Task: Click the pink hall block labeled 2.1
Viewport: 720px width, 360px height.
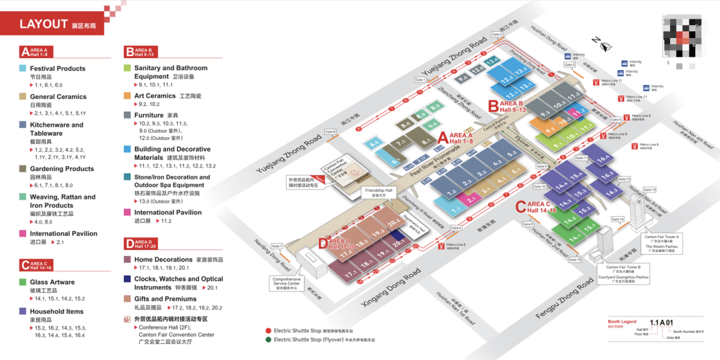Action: (471, 198)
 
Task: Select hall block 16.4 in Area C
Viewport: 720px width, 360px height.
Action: (603, 159)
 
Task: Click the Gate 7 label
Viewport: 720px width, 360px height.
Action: (277, 246)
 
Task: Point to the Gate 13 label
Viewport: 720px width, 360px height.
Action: (649, 190)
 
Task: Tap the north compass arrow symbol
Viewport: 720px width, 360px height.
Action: (606, 47)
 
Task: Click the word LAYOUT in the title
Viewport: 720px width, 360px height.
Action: (44, 25)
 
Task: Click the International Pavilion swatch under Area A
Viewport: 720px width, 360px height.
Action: (23, 234)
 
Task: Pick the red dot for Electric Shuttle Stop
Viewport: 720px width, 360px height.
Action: (268, 331)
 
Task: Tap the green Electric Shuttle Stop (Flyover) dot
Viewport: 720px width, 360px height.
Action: (268, 339)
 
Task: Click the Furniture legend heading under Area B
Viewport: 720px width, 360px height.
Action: (149, 115)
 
